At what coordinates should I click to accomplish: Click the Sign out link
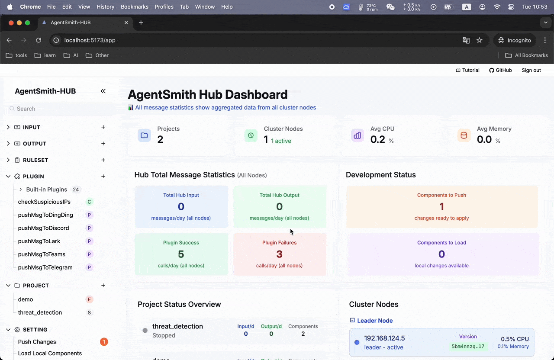coord(531,70)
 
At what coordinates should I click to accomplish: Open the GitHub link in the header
coord(500,70)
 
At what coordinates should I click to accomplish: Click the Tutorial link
coord(467,70)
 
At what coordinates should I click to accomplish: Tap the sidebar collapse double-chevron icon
coord(103,91)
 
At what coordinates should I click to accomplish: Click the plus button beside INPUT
coord(103,127)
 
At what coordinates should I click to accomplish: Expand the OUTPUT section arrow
coord(8,144)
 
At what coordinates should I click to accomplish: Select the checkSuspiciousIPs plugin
coord(44,202)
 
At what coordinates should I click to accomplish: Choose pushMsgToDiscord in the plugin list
coord(43,228)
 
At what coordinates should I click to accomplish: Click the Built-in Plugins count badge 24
coord(76,190)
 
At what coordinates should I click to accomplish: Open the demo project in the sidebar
coord(26,299)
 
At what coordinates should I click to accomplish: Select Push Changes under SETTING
coord(37,342)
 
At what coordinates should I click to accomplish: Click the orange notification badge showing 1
coord(104,342)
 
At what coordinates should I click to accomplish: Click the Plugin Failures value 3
coord(279,254)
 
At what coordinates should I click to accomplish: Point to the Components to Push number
coord(441,206)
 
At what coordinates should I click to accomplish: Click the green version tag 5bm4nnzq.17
coord(468,346)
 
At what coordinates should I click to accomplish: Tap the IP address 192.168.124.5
coord(384,338)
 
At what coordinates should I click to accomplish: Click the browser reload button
coord(39,40)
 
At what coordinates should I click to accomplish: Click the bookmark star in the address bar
coord(480,40)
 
